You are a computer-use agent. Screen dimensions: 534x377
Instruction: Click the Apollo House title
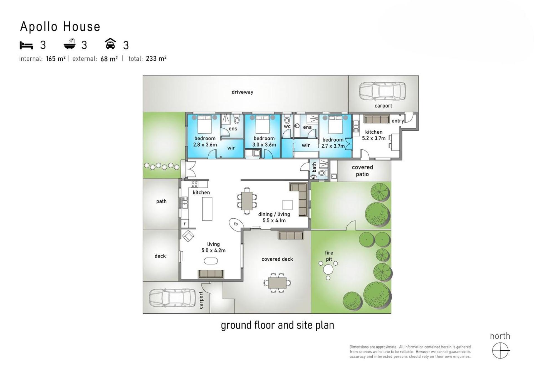pyautogui.click(x=60, y=27)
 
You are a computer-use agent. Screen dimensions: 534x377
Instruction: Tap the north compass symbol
pyautogui.click(x=500, y=351)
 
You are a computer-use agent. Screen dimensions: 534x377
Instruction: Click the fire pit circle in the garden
pyautogui.click(x=328, y=269)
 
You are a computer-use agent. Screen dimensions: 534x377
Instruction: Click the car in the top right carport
pyautogui.click(x=382, y=91)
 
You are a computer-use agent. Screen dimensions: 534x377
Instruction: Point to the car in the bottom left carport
pyautogui.click(x=172, y=298)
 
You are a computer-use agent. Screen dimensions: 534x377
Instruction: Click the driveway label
pyautogui.click(x=243, y=92)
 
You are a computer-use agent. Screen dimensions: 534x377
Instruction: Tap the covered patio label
pyautogui.click(x=362, y=171)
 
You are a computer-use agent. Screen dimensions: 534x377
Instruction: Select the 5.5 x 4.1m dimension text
pyautogui.click(x=274, y=221)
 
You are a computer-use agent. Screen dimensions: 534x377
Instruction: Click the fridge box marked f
pyautogui.click(x=185, y=224)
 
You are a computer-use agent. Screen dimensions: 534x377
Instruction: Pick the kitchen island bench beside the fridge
pyautogui.click(x=207, y=209)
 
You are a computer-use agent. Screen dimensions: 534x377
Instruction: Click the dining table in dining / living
pyautogui.click(x=247, y=201)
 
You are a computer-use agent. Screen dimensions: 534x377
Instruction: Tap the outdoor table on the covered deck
pyautogui.click(x=277, y=283)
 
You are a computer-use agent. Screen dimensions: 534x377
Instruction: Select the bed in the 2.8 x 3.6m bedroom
pyautogui.click(x=205, y=124)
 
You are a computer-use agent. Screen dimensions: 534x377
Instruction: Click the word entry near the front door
pyautogui.click(x=397, y=121)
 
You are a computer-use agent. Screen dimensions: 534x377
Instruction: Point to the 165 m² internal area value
pyautogui.click(x=56, y=59)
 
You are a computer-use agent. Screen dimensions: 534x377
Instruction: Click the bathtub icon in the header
pyautogui.click(x=70, y=44)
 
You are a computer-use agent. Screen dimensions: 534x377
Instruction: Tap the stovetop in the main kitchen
pyautogui.click(x=194, y=184)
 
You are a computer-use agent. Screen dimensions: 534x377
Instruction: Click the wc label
pyautogui.click(x=287, y=126)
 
